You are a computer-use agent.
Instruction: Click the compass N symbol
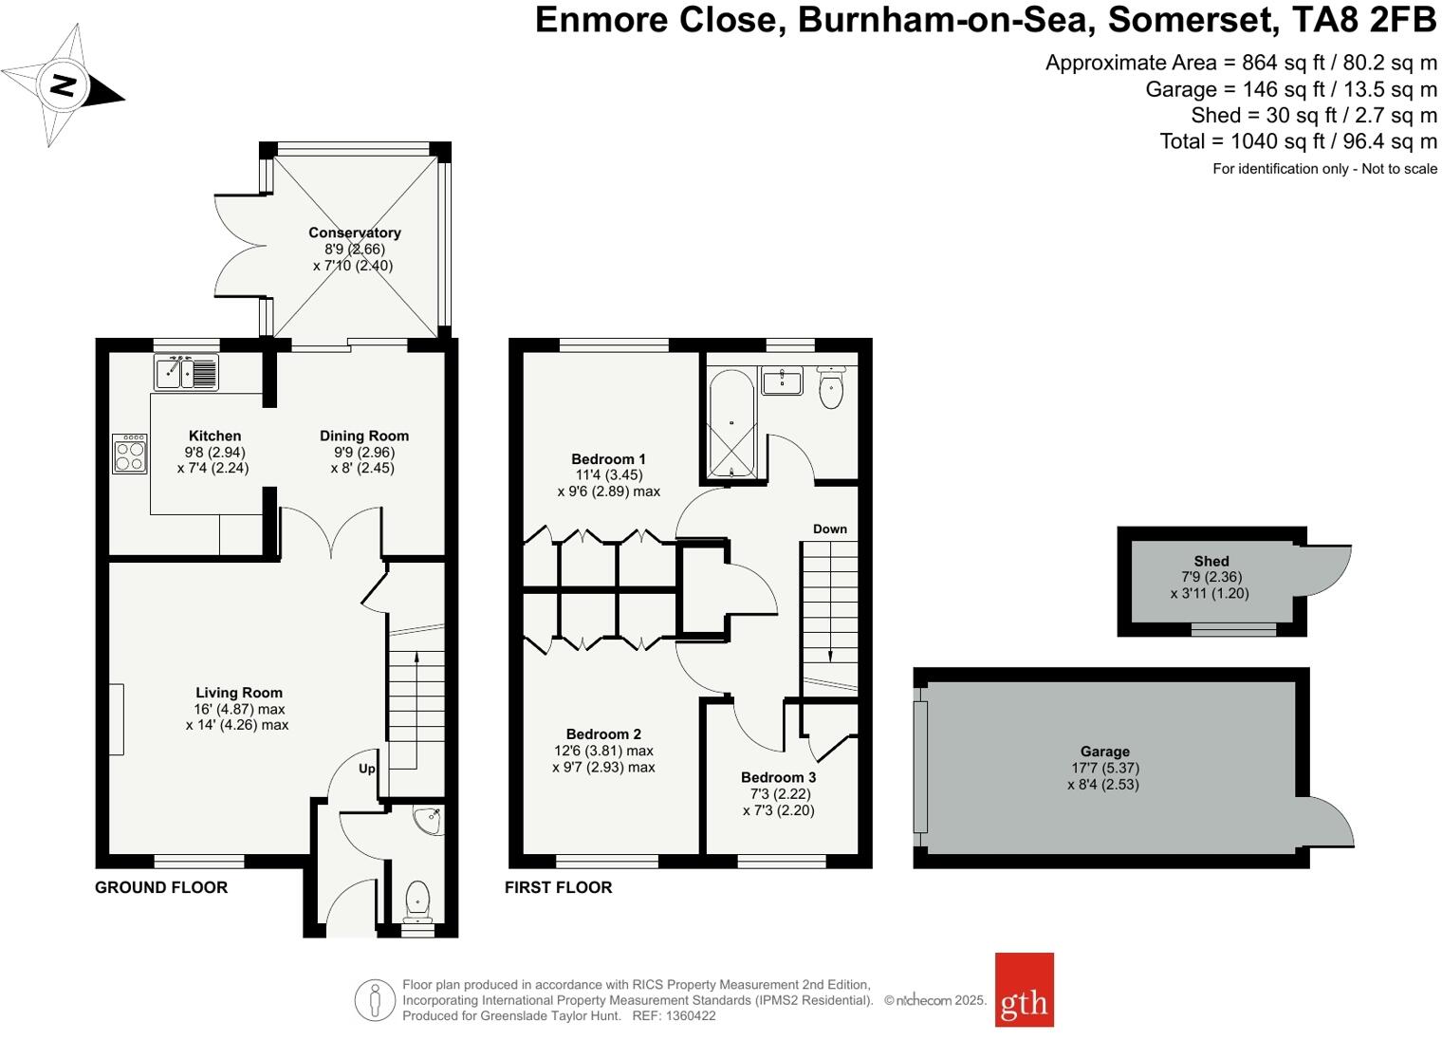coord(63,85)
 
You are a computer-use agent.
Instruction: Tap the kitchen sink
coord(186,372)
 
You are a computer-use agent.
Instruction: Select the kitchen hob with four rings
coord(130,454)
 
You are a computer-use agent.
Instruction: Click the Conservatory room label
coord(354,232)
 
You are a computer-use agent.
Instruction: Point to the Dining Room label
coord(363,436)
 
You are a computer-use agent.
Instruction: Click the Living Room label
coord(239,693)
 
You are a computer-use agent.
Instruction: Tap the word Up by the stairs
coord(366,769)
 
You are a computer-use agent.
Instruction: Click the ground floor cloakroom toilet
coord(417,901)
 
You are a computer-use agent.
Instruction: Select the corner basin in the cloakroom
coord(429,820)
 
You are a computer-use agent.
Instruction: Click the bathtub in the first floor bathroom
coord(730,422)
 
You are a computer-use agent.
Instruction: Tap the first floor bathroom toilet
coord(831,388)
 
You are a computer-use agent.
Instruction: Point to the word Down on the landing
coord(829,529)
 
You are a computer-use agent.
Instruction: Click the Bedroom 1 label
coord(608,459)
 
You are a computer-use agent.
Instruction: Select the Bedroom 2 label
coord(603,734)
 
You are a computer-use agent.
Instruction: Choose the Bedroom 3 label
coord(778,777)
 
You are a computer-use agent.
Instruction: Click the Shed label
coord(1211,561)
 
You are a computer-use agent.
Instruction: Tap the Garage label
coord(1104,752)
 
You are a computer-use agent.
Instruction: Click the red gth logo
coord(1024,990)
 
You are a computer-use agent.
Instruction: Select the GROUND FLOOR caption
coord(161,887)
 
